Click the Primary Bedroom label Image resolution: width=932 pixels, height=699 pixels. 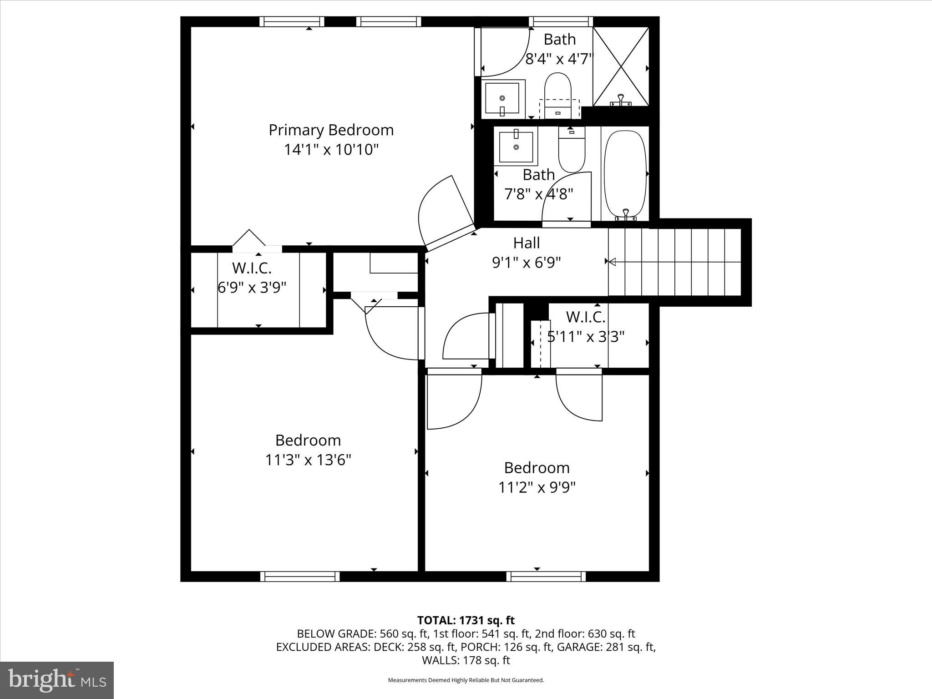point(331,130)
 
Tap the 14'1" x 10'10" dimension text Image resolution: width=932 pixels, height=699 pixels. point(331,150)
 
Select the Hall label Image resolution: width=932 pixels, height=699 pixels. point(527,243)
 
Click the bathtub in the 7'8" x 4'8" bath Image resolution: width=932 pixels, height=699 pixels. point(625,173)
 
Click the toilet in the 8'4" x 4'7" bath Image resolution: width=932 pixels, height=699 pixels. point(558,93)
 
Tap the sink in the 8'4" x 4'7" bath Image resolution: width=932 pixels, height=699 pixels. point(502,98)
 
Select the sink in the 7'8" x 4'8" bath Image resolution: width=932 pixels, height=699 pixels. point(516,147)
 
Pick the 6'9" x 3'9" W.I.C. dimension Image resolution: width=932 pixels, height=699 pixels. point(252,288)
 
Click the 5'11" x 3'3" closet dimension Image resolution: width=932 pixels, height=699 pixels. point(586,337)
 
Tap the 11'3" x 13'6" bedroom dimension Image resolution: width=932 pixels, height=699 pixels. point(308,460)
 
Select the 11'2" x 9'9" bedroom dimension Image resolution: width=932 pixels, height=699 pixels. point(537,487)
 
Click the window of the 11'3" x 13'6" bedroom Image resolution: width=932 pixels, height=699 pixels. point(300,577)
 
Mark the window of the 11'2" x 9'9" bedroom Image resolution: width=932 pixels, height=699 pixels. point(546,577)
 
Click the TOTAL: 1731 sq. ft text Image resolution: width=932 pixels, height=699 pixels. point(466,620)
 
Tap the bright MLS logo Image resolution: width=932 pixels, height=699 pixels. point(57,680)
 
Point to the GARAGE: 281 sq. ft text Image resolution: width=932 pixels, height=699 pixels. point(606,647)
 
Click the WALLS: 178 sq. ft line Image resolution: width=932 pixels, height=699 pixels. point(466,660)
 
